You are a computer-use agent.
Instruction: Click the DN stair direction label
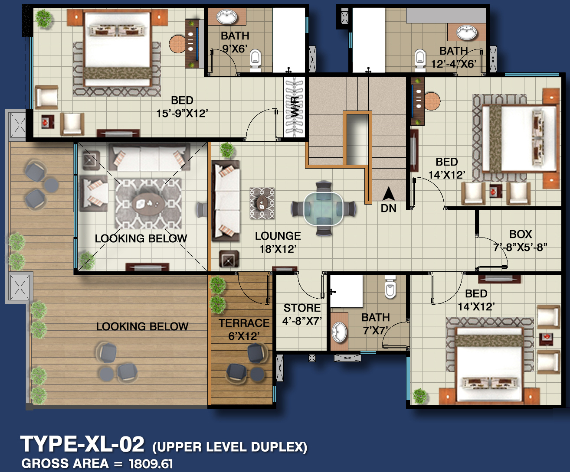[389, 208]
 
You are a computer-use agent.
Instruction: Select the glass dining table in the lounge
[323, 209]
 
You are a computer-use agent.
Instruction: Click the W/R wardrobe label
[295, 107]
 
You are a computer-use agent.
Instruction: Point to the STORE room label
[302, 308]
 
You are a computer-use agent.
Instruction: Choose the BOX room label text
[521, 234]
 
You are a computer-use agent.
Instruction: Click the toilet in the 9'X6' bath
[256, 59]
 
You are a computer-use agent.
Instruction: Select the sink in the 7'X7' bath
[339, 332]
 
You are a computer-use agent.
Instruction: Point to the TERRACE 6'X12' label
[244, 329]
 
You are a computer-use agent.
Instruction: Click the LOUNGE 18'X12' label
[278, 242]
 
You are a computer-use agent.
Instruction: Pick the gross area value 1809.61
[151, 463]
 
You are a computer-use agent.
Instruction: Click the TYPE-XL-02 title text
[82, 444]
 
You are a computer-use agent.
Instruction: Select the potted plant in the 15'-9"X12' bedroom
[43, 19]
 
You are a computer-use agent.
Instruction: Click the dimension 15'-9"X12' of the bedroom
[182, 113]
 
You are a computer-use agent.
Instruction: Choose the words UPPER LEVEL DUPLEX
[229, 447]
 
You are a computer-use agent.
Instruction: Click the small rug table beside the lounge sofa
[262, 202]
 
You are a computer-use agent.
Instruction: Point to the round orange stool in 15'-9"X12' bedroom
[177, 44]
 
